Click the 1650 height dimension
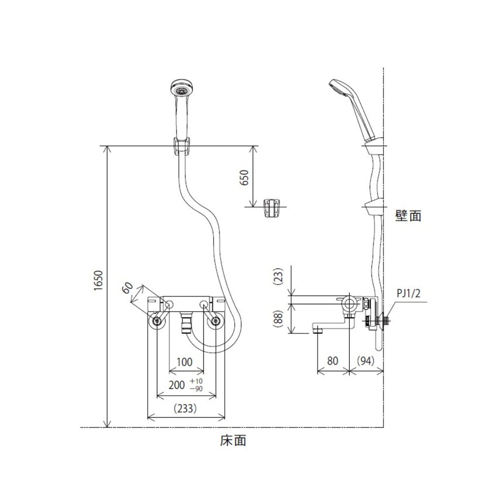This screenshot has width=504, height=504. [98, 281]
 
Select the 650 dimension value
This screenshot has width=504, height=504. [244, 178]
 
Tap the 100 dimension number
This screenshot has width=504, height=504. [185, 362]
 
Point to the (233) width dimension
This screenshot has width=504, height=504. [185, 409]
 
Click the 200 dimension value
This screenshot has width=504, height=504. [177, 385]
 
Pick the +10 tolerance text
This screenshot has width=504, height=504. [196, 381]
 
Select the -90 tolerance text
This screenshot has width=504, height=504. [196, 389]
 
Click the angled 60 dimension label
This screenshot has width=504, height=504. [127, 287]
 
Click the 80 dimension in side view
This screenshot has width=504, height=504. [333, 361]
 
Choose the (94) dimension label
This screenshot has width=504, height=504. [366, 361]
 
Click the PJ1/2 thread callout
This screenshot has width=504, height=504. [408, 293]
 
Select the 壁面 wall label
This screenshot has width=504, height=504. [408, 216]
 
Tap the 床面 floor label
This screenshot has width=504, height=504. [233, 441]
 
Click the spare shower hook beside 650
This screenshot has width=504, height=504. [272, 208]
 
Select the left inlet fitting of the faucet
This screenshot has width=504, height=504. [157, 321]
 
